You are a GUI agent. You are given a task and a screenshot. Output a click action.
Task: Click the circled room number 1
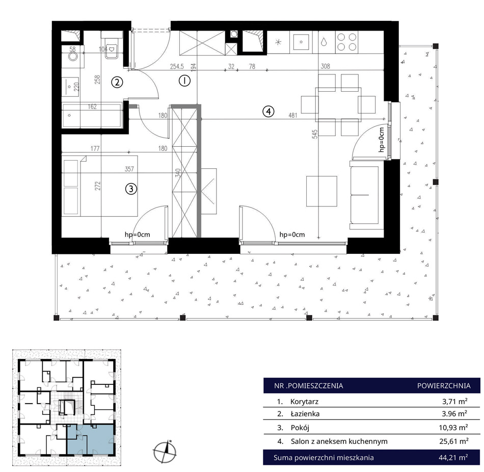[x=184, y=81]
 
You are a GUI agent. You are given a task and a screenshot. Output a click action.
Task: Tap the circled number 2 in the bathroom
[x=117, y=82]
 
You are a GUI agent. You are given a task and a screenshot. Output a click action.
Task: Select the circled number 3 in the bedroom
[x=131, y=189]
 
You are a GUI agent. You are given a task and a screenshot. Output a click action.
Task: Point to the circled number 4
[x=268, y=111]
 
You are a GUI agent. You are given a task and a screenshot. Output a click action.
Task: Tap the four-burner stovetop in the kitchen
[x=346, y=41]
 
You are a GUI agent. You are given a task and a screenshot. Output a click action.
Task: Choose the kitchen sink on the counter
[x=301, y=42]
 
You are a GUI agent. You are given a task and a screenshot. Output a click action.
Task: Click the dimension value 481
[x=292, y=115]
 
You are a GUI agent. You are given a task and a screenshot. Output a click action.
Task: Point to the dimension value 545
[x=314, y=134]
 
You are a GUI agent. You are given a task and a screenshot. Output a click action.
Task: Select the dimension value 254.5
[x=177, y=66]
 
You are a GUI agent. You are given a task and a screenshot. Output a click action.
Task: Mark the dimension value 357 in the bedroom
[x=129, y=169]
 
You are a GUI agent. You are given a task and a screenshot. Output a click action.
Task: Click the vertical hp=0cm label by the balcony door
[x=382, y=140]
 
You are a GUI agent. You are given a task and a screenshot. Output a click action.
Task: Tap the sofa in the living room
[x=364, y=195]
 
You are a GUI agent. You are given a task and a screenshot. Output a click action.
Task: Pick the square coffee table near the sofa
[x=321, y=191]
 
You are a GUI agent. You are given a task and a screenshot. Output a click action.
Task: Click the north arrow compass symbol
[x=165, y=452]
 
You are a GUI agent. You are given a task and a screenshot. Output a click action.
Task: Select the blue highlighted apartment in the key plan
[x=90, y=439]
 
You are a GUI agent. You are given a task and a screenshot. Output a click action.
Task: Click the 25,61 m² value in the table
[x=454, y=441]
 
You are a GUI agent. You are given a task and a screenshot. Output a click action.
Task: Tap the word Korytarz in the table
[x=304, y=402]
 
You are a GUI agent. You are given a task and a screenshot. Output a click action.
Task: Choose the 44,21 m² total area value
[x=453, y=458]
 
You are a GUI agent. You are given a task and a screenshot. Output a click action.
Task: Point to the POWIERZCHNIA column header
[x=444, y=386]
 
